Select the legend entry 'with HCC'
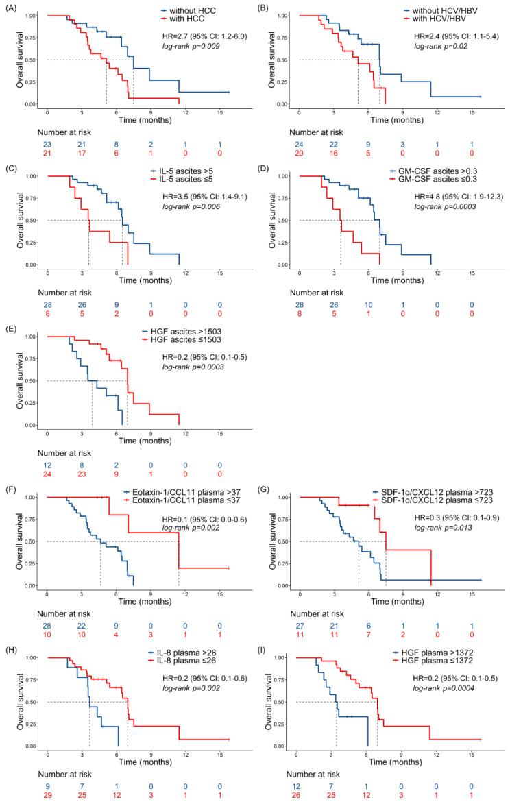coord(182,21)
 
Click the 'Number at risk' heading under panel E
coord(64,452)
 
